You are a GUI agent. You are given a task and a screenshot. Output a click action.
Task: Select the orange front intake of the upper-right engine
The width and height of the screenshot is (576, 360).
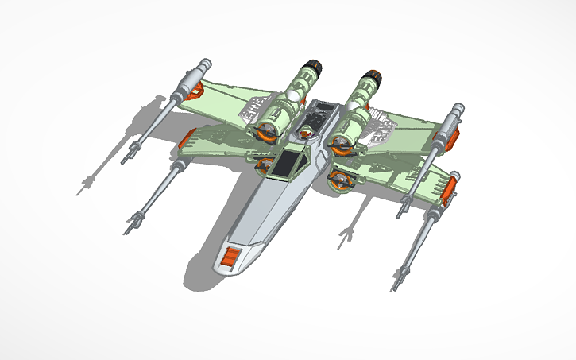(342, 144)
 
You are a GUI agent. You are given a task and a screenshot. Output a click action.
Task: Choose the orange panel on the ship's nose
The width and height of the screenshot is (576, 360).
(230, 257)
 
